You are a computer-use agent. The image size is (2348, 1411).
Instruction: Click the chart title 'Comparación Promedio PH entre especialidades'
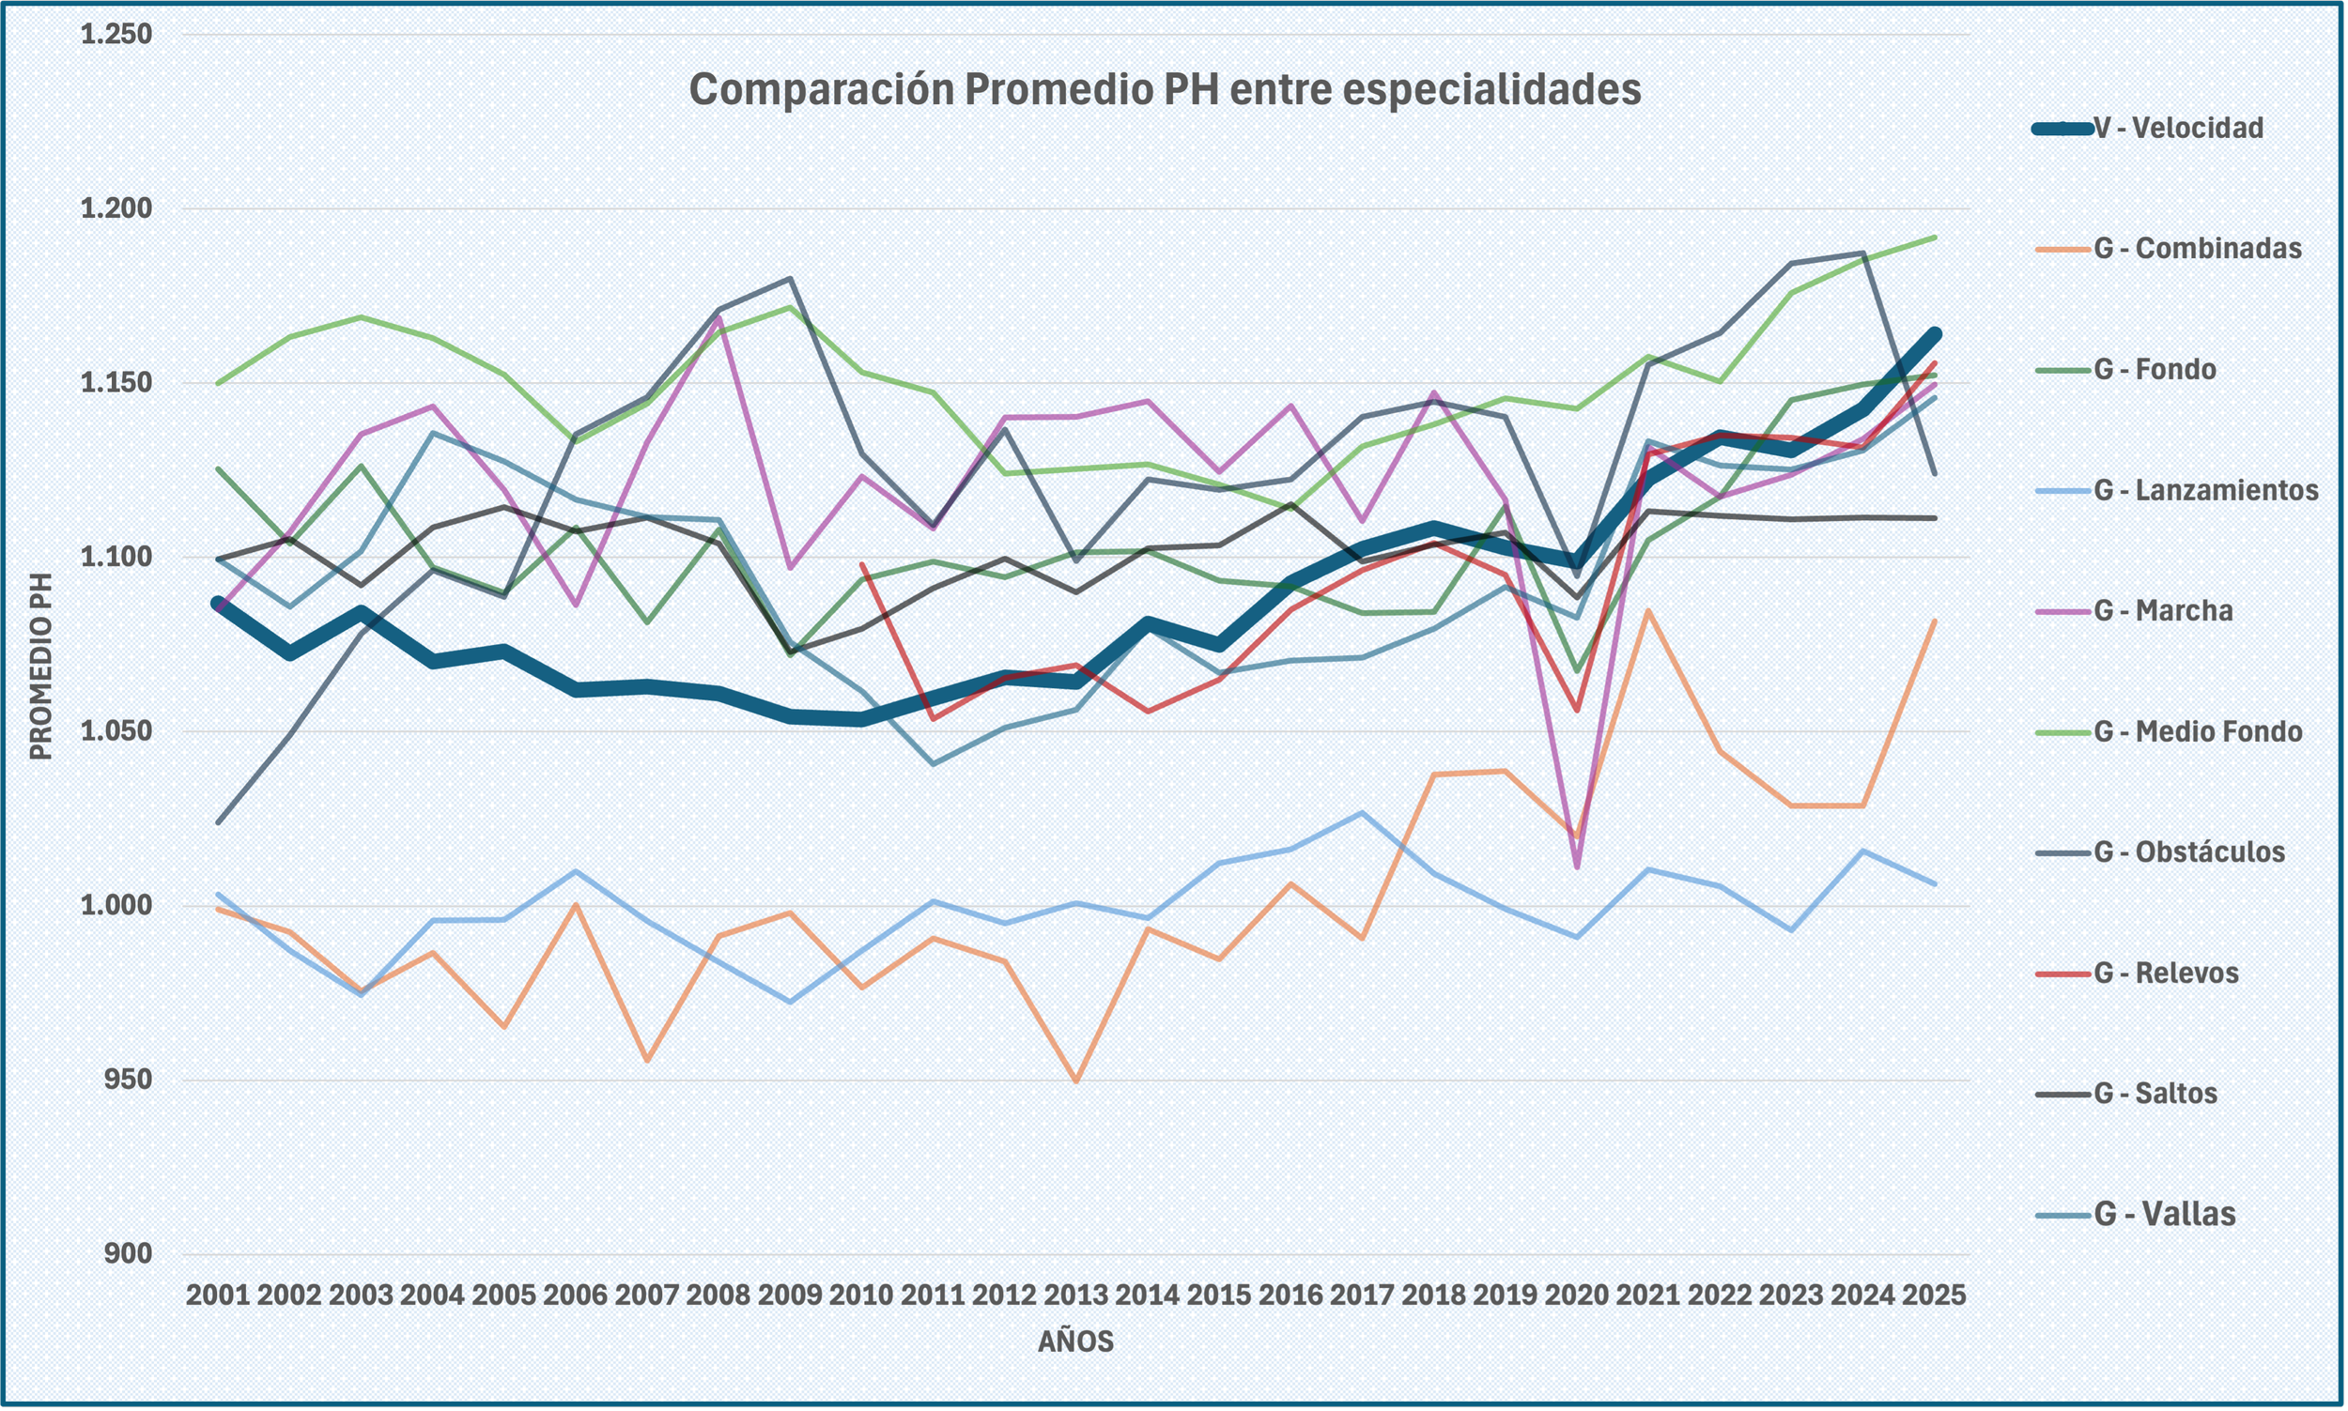(x=1165, y=89)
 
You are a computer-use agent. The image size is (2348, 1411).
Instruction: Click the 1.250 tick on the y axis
(x=116, y=34)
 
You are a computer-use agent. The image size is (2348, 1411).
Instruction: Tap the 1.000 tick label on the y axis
(x=116, y=905)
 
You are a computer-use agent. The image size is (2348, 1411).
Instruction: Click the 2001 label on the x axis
(x=218, y=1295)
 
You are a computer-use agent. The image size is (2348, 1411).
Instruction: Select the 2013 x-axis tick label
(x=1075, y=1295)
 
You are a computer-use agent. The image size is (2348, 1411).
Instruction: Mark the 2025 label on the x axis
(x=1934, y=1295)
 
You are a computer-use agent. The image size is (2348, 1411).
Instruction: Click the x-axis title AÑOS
(x=1075, y=1342)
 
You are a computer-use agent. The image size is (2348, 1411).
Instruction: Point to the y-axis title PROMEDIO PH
(x=40, y=666)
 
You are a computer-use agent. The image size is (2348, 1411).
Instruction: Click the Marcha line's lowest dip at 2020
(x=1577, y=867)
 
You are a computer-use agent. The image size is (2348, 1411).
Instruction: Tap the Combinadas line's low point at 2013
(x=1075, y=1081)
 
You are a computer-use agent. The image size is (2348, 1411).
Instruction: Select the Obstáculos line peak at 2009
(x=789, y=279)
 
